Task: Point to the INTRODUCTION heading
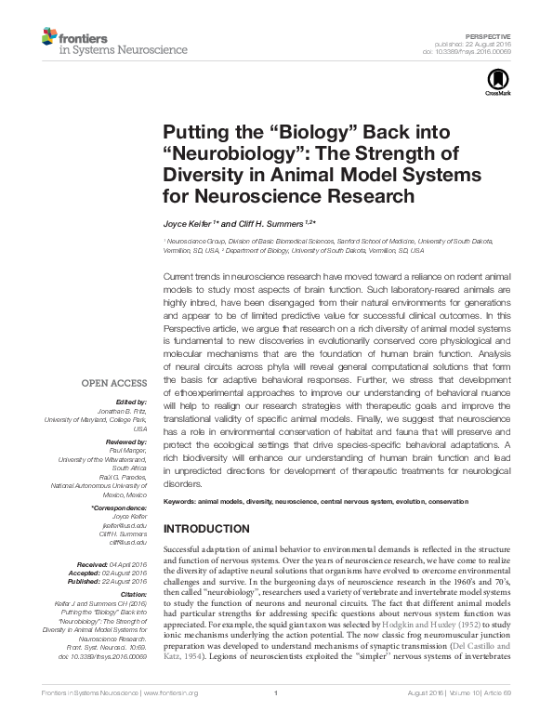tap(205, 529)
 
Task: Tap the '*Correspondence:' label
tap(119, 507)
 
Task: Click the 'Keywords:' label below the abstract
tap(183, 502)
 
